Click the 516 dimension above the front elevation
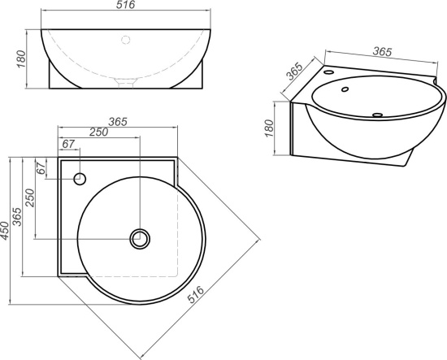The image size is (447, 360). pos(125,5)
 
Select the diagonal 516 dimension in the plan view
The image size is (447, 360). pos(196,294)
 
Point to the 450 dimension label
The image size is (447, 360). pos(5,231)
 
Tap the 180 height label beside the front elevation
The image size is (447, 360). pos(21,59)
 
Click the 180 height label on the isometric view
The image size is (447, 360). pos(269,128)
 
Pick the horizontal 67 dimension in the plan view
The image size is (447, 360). pos(68,144)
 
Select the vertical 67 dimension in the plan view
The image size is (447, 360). pos(41,168)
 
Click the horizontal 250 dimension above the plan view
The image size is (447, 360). pos(98,132)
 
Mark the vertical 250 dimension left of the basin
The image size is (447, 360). pos(29,197)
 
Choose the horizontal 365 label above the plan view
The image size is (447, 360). pos(118,122)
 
